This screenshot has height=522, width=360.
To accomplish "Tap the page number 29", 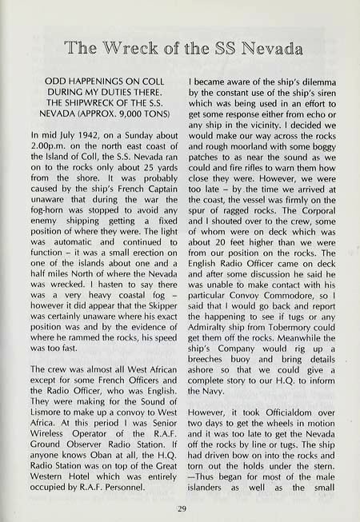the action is pyautogui.click(x=180, y=506).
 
